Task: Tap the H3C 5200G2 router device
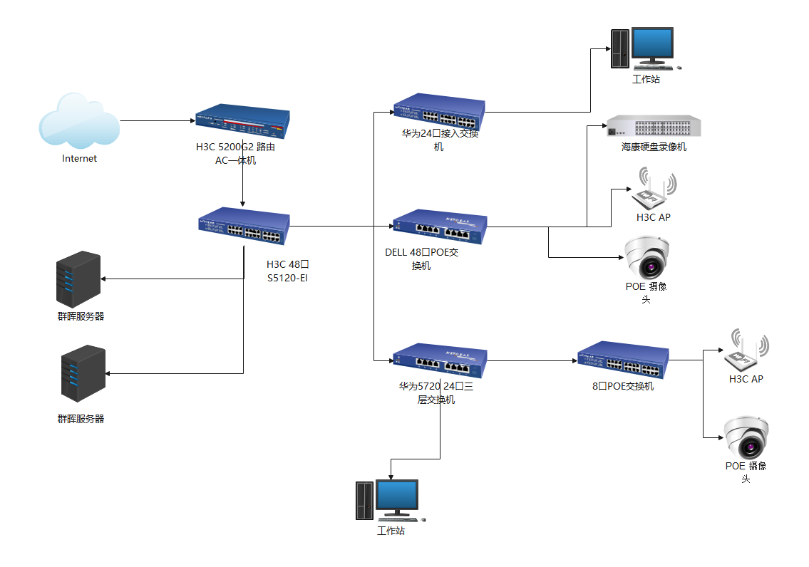(x=242, y=124)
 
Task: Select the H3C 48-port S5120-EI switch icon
(x=244, y=226)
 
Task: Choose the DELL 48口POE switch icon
(x=439, y=227)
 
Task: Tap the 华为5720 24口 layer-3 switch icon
(x=440, y=362)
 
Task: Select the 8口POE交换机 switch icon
(x=623, y=360)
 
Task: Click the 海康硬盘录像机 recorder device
(x=653, y=127)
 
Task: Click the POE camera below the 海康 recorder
(x=646, y=257)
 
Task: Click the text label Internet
(x=79, y=159)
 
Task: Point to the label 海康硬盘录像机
(x=654, y=147)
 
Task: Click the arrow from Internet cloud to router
(x=157, y=121)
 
